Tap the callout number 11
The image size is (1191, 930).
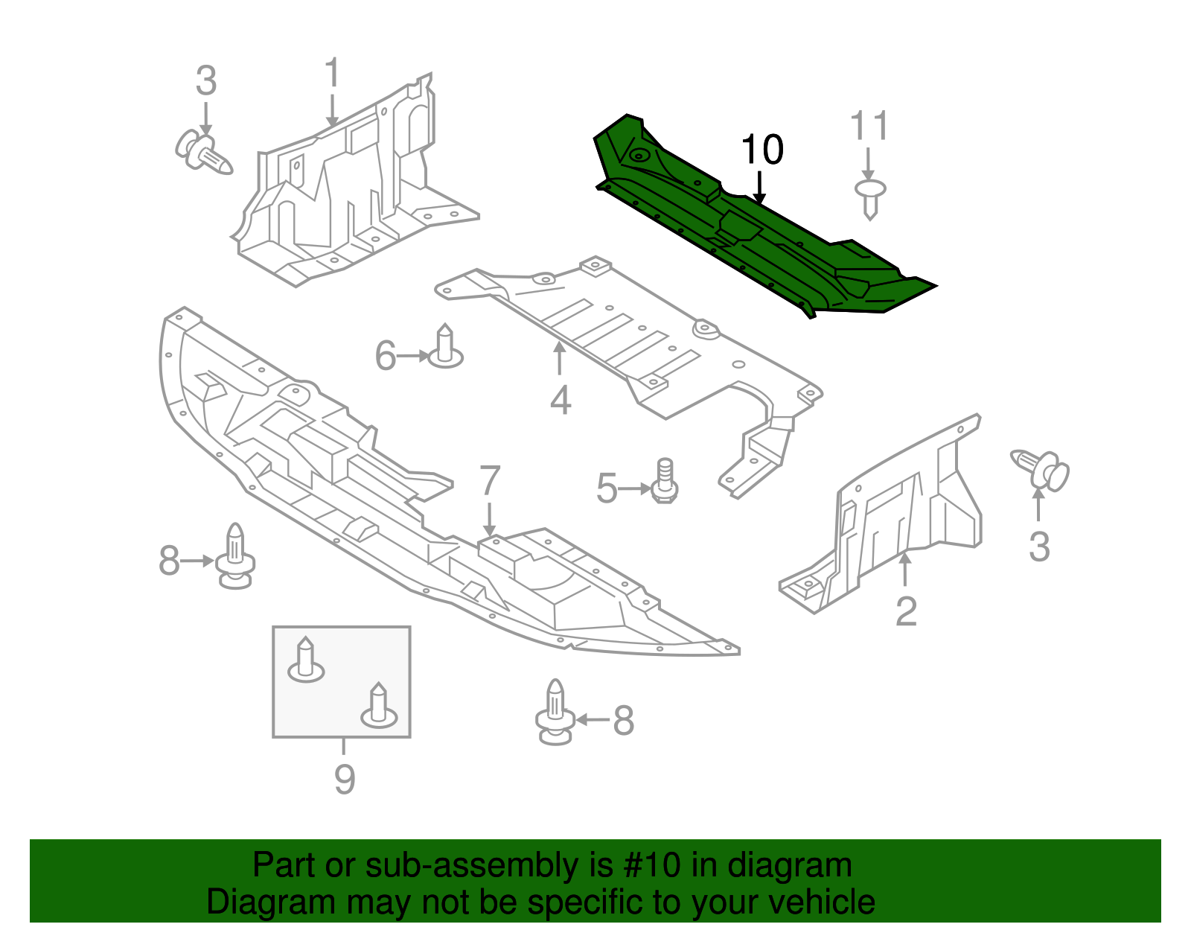pos(869,126)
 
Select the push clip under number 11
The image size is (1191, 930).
pos(870,198)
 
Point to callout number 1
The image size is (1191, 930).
pos(332,74)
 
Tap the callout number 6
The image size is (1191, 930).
pos(385,356)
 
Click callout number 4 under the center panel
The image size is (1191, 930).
pos(560,401)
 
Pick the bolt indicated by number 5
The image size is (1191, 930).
pos(665,482)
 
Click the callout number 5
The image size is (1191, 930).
pos(607,489)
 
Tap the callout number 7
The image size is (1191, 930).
pos(489,481)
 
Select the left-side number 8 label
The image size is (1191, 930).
pos(169,561)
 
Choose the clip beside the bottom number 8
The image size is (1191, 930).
pos(555,713)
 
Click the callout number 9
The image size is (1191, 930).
pos(344,780)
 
